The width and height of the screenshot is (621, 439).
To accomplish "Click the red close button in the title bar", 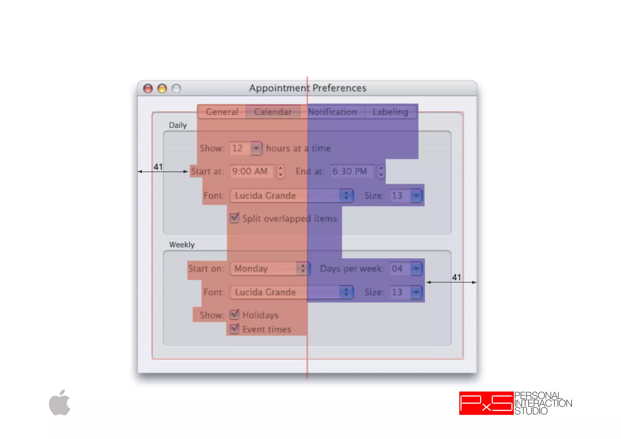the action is [148, 89].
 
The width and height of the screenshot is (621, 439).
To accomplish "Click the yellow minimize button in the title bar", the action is [162, 89].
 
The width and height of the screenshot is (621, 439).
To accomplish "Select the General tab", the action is [222, 112].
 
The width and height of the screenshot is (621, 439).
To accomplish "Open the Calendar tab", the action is [273, 112].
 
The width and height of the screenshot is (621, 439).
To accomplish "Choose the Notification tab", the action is [332, 112].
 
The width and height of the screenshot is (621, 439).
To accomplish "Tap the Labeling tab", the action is [390, 112].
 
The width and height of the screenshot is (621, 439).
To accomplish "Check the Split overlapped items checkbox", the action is [234, 218].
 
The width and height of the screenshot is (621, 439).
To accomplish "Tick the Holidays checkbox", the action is [234, 315].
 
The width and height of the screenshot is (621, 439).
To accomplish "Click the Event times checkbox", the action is [234, 329].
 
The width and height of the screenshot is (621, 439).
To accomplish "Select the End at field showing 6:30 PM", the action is [352, 171].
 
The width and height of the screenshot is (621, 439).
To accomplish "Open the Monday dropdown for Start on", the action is [269, 269].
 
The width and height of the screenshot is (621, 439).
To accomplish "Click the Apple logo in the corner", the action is [60, 403].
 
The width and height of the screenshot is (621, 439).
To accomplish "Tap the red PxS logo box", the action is [486, 403].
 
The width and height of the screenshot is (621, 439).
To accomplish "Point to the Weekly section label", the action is [182, 245].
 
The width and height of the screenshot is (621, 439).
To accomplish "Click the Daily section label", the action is [178, 125].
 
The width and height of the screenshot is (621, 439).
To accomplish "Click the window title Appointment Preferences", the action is [307, 88].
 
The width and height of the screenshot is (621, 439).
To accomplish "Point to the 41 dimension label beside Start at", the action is [158, 167].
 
